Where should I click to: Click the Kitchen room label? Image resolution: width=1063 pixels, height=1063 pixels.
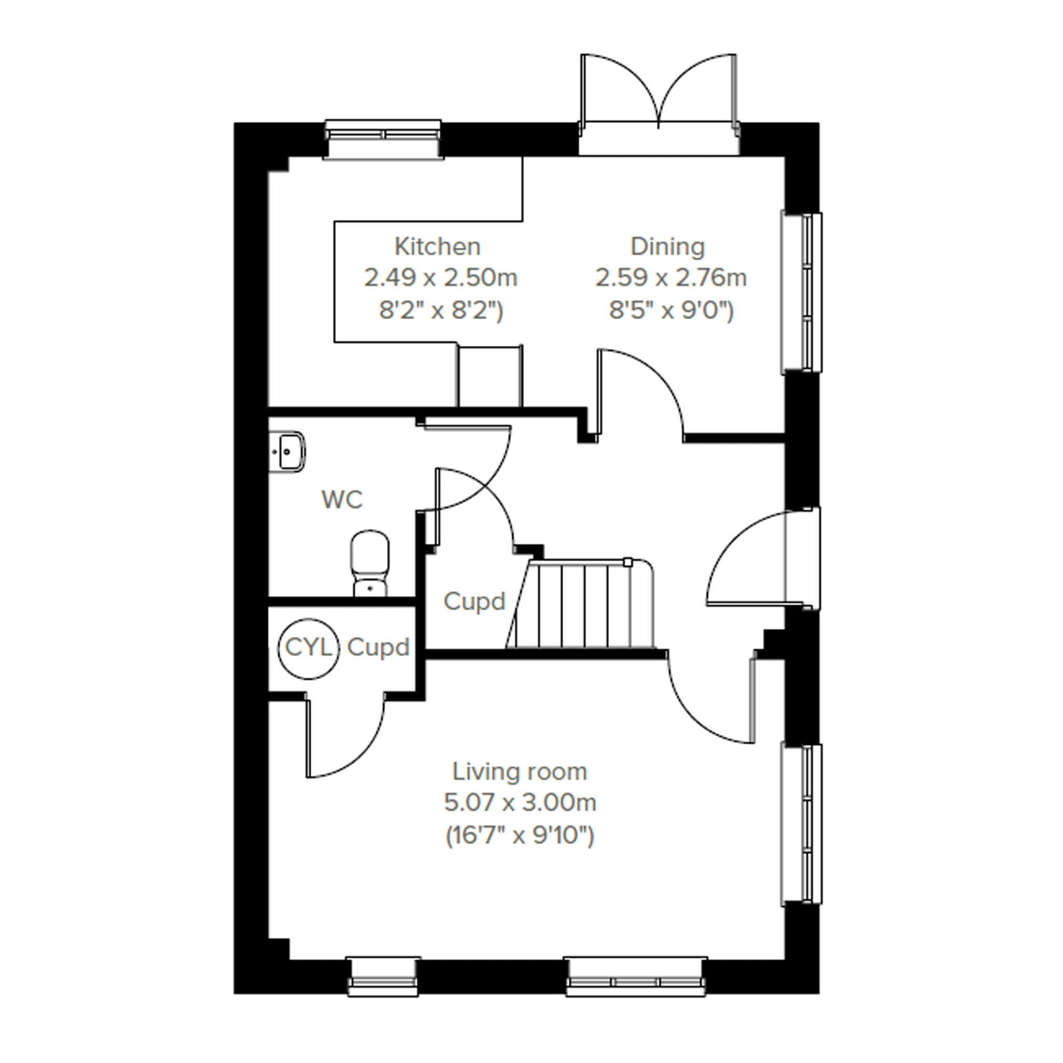pyautogui.click(x=437, y=247)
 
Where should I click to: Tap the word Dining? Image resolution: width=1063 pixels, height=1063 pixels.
pyautogui.click(x=667, y=247)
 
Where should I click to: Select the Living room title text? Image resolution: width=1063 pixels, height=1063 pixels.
pyautogui.click(x=519, y=772)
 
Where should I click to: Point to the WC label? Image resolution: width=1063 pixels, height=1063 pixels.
pyautogui.click(x=342, y=500)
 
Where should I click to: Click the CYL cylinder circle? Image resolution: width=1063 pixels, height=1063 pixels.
pyautogui.click(x=308, y=649)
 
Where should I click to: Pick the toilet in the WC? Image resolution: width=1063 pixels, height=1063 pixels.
pyautogui.click(x=370, y=563)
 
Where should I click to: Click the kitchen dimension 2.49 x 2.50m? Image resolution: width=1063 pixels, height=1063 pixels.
pyautogui.click(x=441, y=278)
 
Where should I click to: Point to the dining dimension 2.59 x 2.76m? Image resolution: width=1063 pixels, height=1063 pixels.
pyautogui.click(x=671, y=278)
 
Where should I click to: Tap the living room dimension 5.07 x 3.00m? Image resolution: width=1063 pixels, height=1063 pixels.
pyautogui.click(x=520, y=803)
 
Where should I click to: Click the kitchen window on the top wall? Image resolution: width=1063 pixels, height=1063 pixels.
pyautogui.click(x=383, y=140)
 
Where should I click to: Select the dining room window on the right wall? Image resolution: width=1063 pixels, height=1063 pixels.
pyautogui.click(x=802, y=293)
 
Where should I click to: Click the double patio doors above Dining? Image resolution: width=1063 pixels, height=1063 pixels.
pyautogui.click(x=659, y=104)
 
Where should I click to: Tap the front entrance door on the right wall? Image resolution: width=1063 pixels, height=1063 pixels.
pyautogui.click(x=762, y=559)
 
